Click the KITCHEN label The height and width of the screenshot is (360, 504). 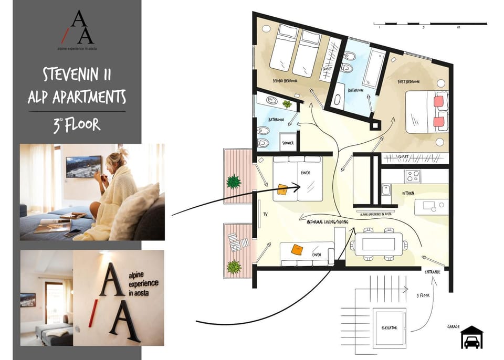[408, 194]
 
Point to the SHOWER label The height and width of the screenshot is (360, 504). [288, 143]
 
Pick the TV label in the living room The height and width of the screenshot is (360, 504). [265, 215]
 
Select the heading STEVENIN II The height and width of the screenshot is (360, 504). [77, 75]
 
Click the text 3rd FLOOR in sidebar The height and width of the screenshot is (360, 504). [77, 125]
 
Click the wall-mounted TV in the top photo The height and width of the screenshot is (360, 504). [83, 166]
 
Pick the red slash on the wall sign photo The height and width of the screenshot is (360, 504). [91, 310]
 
